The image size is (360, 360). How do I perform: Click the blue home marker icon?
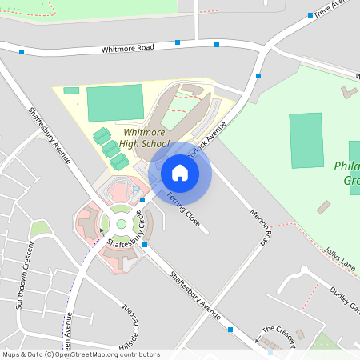180,173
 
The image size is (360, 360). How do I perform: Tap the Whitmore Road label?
127,49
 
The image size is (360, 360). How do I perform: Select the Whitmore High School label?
139,138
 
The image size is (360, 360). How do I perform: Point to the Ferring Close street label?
182,208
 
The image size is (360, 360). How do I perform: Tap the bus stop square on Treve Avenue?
310,14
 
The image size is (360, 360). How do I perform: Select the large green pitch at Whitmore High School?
114,103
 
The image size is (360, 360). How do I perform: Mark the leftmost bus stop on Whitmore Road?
22,51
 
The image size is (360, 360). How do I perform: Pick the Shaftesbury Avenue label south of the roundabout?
195,296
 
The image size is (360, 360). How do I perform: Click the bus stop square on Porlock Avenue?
258,76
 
